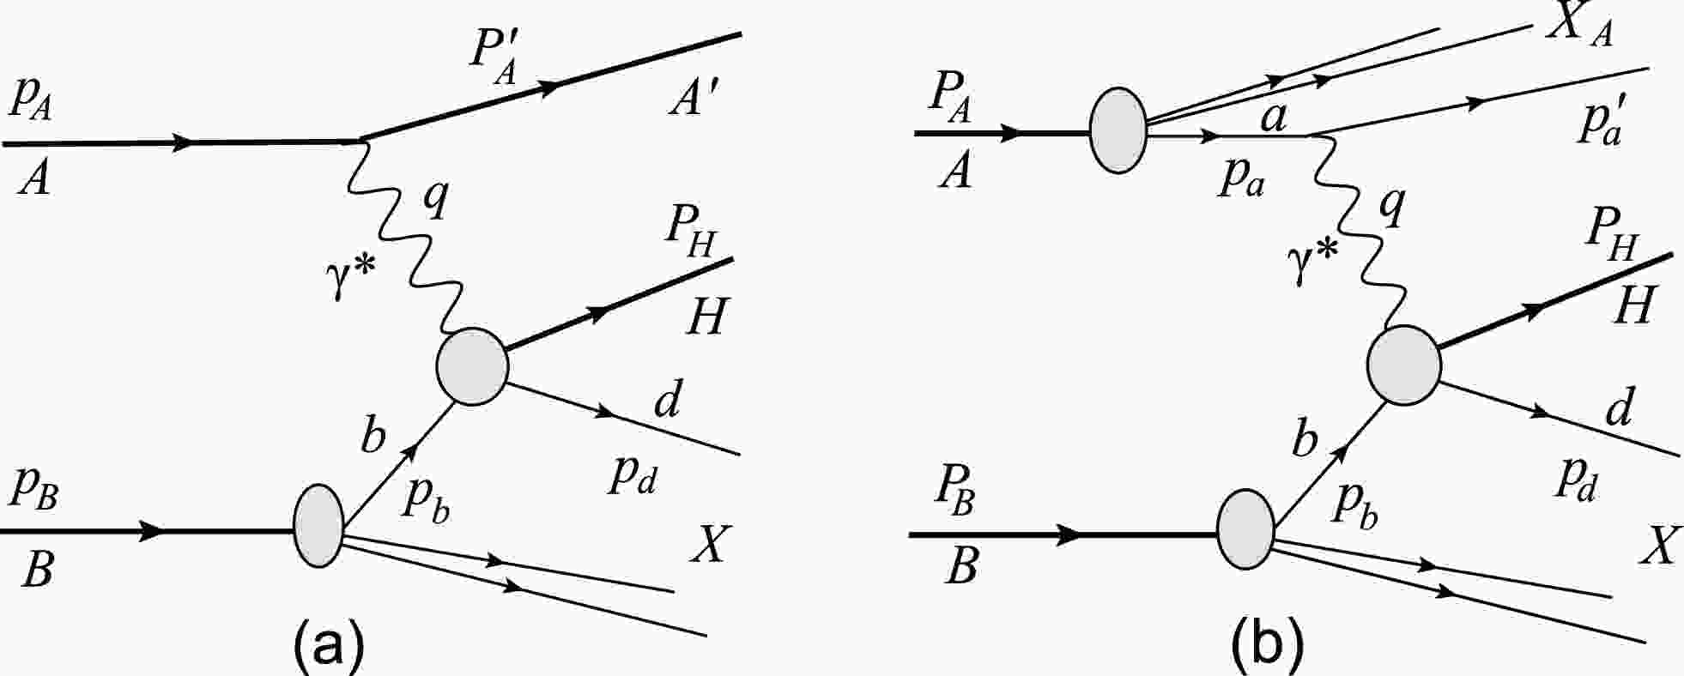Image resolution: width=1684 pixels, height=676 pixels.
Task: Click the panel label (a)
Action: [x=329, y=648]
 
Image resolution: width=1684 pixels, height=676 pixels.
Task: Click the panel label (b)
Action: [x=1267, y=648]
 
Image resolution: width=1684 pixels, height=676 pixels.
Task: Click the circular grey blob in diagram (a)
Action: [x=472, y=367]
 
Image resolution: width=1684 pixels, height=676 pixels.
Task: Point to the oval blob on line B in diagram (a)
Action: [x=318, y=526]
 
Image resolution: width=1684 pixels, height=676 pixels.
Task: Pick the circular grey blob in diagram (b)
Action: [x=1404, y=365]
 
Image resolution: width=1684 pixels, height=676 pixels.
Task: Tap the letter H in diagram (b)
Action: [x=1633, y=305]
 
